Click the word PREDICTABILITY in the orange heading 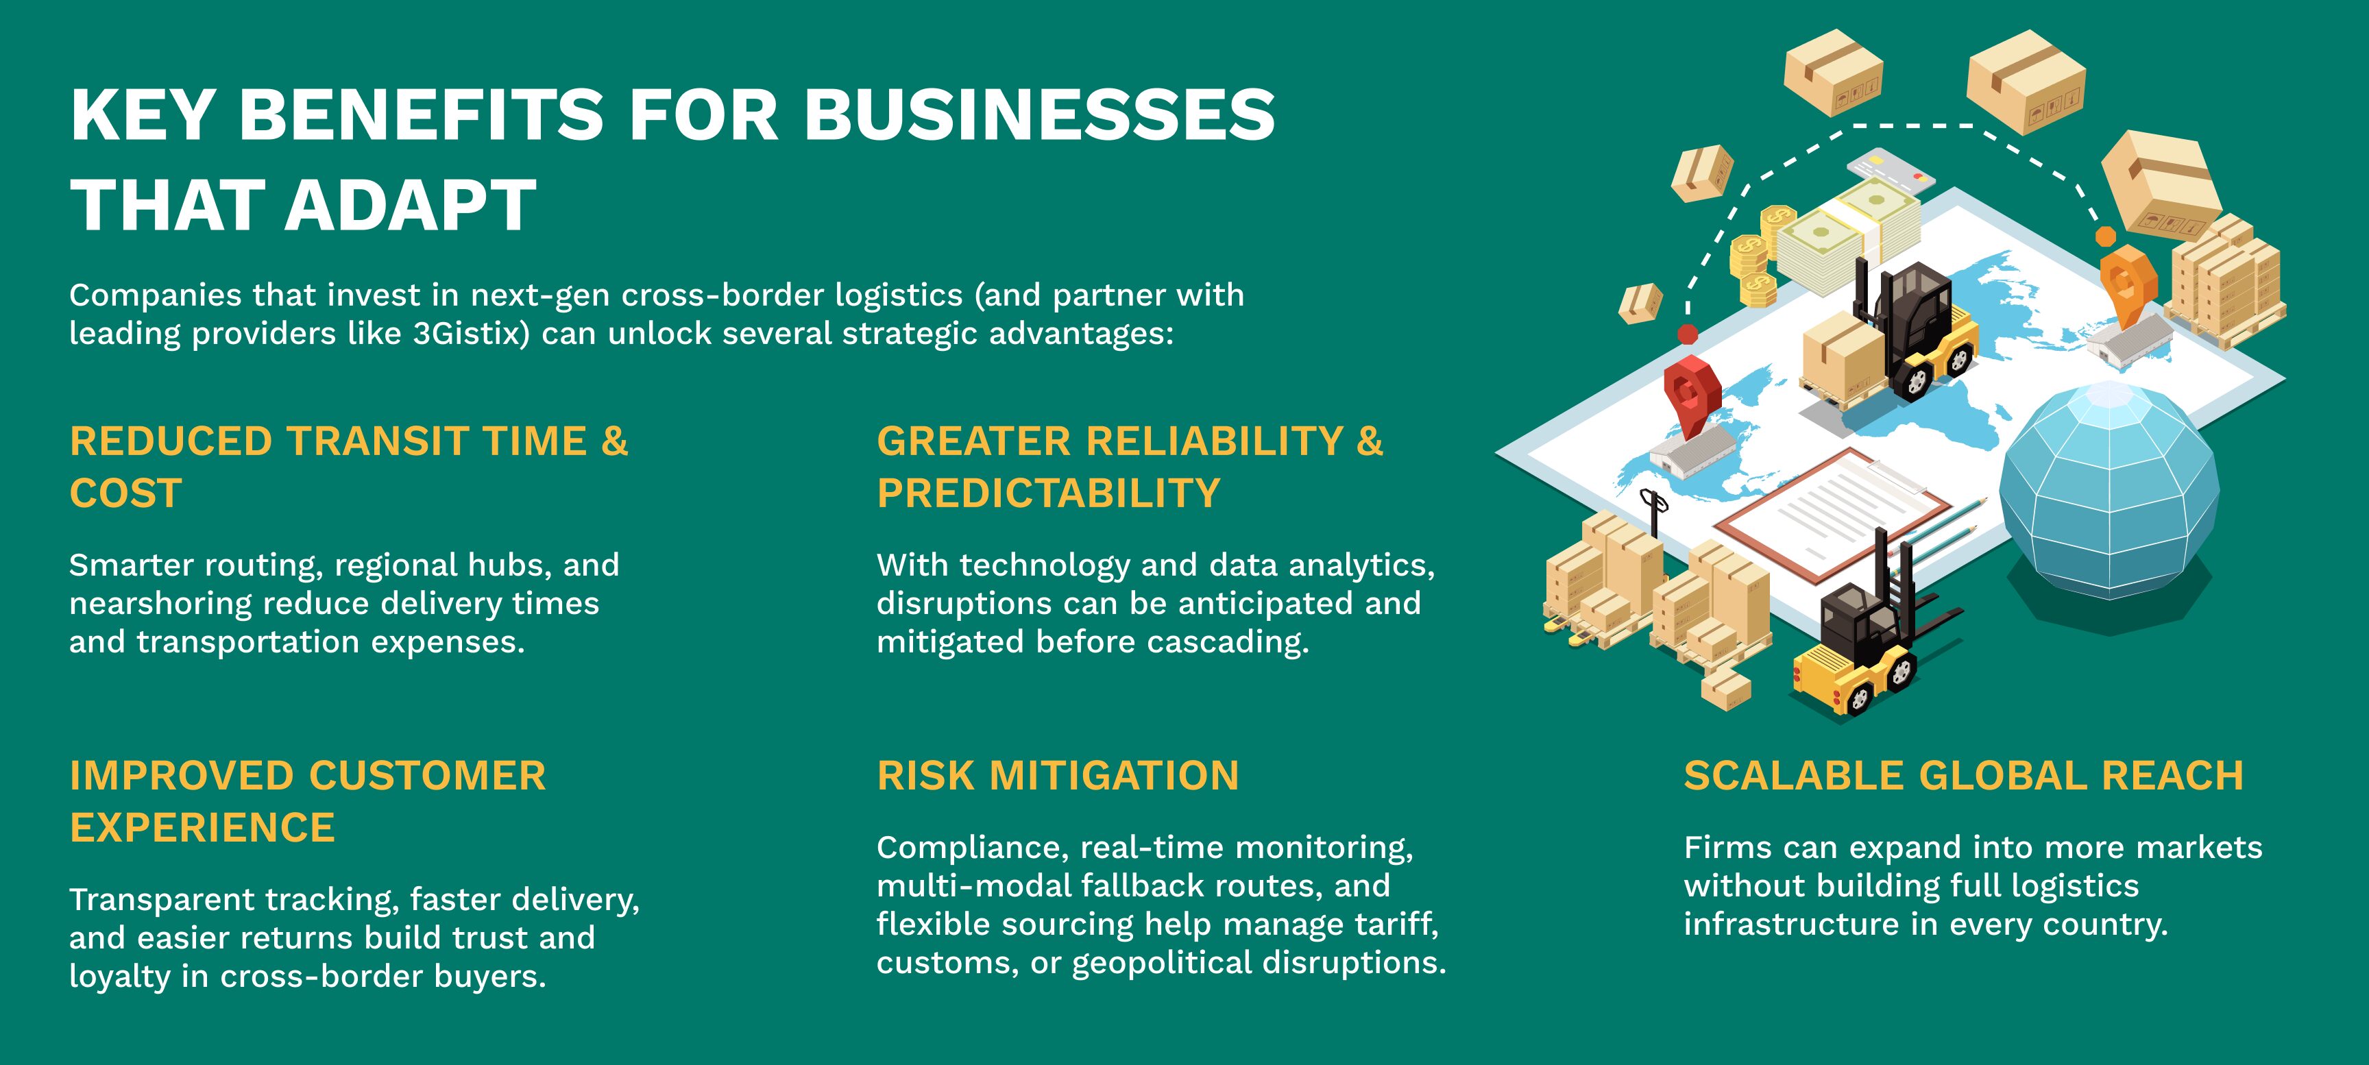(1048, 494)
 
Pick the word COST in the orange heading (126, 494)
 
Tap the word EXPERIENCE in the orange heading (202, 829)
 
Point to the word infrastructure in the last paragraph (1791, 925)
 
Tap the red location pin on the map (1690, 395)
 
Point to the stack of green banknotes (1849, 234)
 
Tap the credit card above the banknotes (1891, 169)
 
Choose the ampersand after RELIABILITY (1370, 441)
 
